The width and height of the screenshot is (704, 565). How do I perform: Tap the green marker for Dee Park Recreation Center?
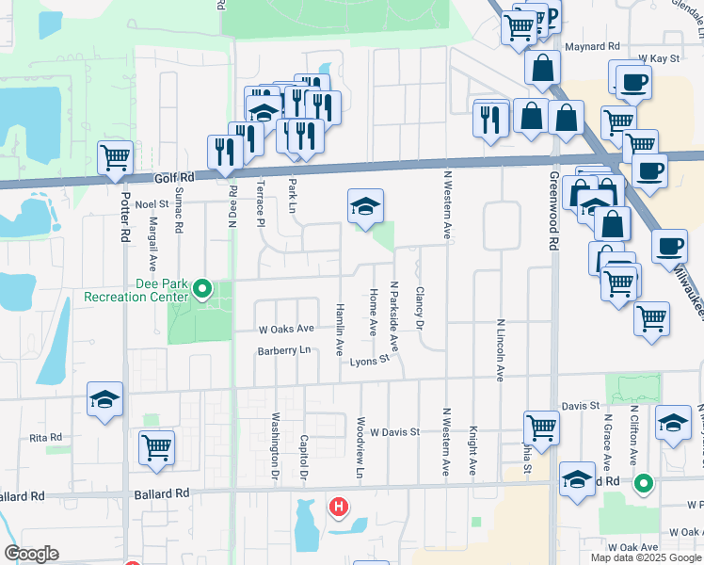202,290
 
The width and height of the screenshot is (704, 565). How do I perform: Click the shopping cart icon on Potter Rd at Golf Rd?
115,158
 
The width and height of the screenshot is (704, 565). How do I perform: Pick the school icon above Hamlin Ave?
365,207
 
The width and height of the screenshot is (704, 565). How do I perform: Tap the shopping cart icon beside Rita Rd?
156,447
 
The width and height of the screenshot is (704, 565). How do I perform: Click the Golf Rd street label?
175,177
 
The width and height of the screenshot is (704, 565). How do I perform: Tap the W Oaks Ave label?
286,329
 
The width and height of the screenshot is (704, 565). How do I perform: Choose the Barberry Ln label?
284,351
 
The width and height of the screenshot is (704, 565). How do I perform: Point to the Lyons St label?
369,361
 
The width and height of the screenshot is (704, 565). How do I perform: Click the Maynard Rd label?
592,45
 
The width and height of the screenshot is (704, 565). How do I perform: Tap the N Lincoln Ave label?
500,349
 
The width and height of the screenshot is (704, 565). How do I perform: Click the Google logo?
31,554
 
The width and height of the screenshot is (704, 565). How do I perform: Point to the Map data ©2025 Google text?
646,557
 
